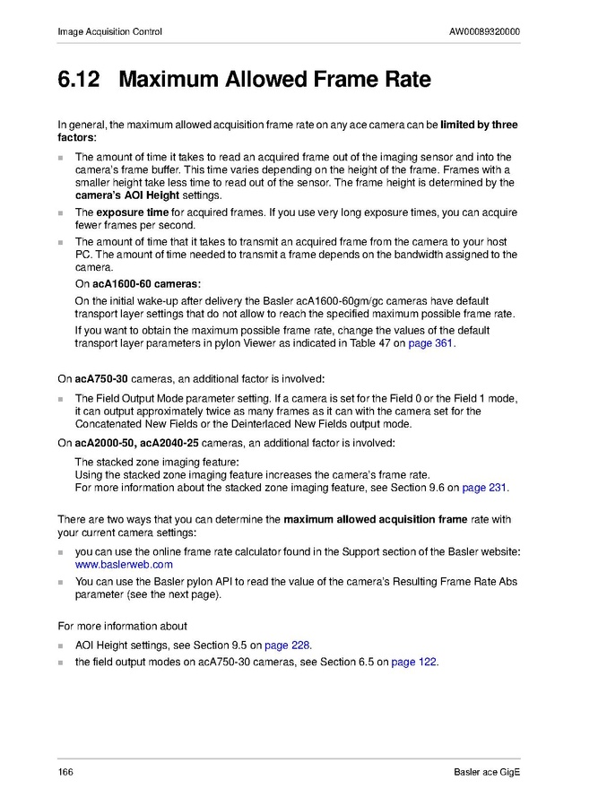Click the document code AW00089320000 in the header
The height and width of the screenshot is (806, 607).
click(484, 32)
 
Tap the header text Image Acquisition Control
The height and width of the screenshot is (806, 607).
click(109, 32)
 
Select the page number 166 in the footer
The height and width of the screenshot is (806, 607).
click(65, 773)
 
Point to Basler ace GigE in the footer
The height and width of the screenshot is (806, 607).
click(487, 773)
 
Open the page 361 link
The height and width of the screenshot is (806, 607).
click(431, 343)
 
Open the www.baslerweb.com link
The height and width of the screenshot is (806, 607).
click(124, 565)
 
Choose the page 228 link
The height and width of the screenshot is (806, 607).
click(288, 646)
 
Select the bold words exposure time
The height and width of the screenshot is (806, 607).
click(132, 212)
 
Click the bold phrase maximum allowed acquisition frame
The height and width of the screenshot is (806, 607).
click(376, 519)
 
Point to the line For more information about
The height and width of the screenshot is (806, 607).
click(122, 626)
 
